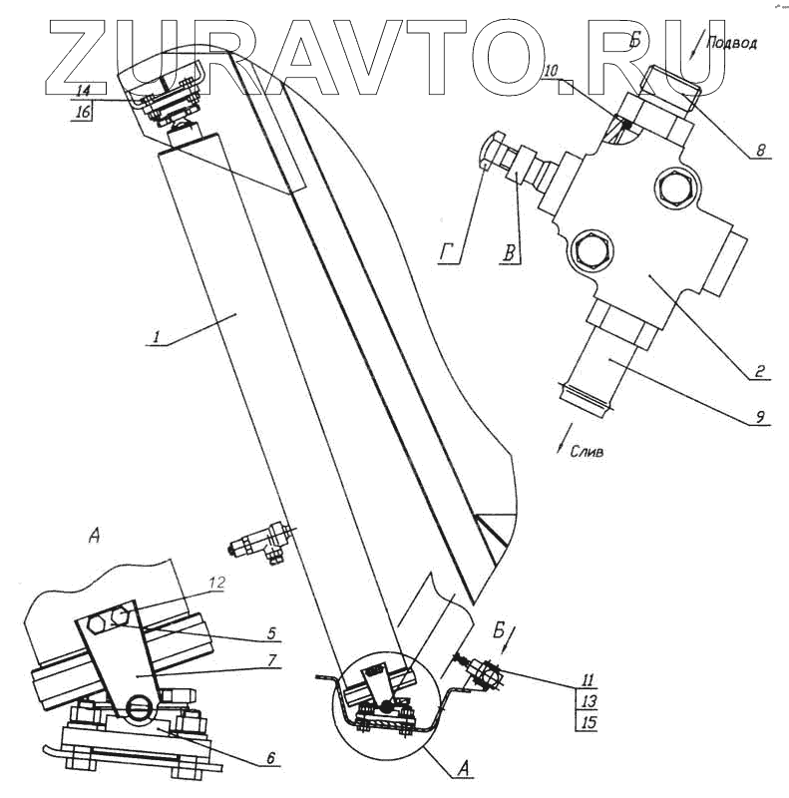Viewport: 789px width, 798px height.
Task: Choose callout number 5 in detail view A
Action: point(271,631)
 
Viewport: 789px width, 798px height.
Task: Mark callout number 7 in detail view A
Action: point(271,660)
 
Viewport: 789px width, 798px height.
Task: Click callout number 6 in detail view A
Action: point(269,757)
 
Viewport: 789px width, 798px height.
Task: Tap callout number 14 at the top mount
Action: point(84,90)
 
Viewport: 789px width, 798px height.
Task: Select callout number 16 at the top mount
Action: point(84,112)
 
